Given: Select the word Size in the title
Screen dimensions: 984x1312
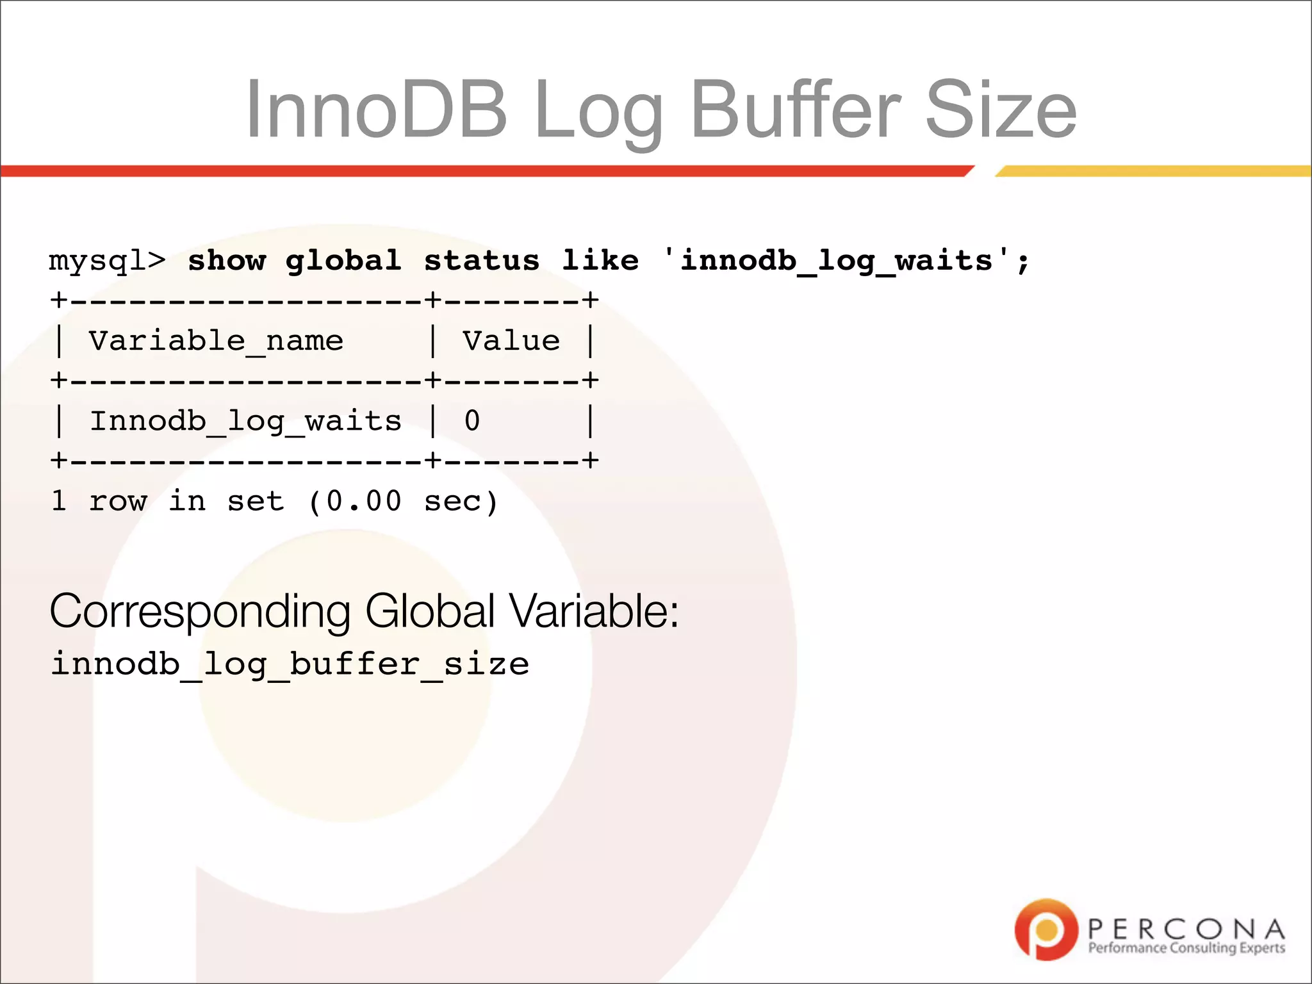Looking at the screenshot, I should click(x=1000, y=110).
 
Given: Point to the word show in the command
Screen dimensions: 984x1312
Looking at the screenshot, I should click(x=226, y=261).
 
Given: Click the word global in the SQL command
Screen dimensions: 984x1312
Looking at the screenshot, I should click(x=343, y=261).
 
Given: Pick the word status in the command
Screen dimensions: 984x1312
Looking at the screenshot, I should click(x=482, y=261).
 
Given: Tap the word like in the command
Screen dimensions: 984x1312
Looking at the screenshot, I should click(x=600, y=261).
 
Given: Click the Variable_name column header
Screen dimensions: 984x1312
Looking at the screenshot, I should click(x=216, y=341).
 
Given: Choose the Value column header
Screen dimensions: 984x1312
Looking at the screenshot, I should click(x=511, y=341).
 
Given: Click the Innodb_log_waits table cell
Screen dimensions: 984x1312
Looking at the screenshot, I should click(x=245, y=422).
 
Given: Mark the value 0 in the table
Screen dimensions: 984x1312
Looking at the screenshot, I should click(x=472, y=422).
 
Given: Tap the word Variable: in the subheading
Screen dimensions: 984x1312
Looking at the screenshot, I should click(x=594, y=611).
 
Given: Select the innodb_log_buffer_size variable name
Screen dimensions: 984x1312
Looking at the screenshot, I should click(x=290, y=664).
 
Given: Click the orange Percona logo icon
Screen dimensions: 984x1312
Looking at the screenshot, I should click(x=1046, y=930).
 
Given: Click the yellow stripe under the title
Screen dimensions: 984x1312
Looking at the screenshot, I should click(x=1153, y=171).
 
